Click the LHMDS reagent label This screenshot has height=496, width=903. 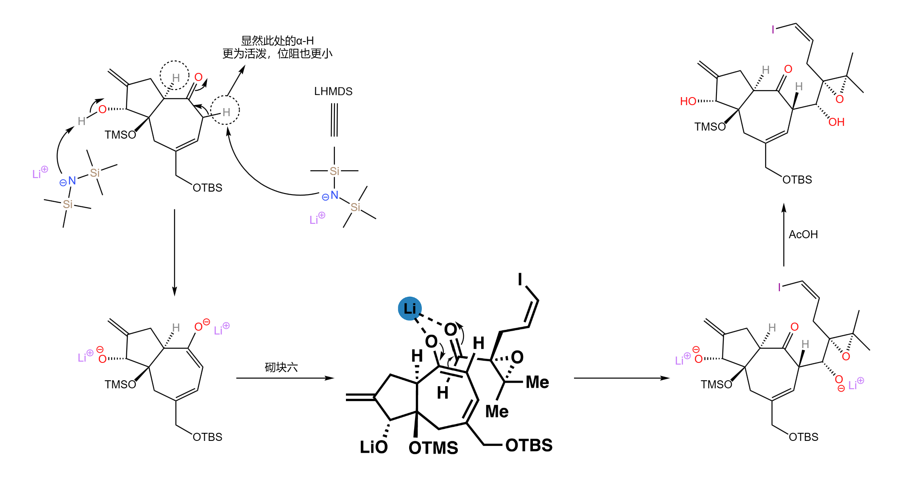pos(333,91)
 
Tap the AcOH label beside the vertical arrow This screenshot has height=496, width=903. pos(803,234)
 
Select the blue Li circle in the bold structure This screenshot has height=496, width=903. pos(410,308)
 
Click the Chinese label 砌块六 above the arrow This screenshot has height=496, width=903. pos(281,367)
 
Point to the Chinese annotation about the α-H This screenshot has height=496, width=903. pos(277,47)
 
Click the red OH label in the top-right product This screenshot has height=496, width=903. pos(836,122)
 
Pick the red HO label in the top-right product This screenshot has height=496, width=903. pos(688,101)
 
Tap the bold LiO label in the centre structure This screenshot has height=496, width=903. pos(373,447)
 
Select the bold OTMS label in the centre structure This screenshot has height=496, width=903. pos(433,448)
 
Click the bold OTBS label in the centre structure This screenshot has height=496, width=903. pos(529,445)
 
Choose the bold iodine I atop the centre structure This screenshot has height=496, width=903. pos(520,279)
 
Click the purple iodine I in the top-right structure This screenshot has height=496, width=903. pos(773,30)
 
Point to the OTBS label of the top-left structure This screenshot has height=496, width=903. pos(207,188)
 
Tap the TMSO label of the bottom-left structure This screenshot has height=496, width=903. pos(120,385)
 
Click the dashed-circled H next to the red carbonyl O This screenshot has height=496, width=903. pos(176,78)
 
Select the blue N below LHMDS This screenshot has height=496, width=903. pos(334,195)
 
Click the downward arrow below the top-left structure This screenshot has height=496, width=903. pos(174,253)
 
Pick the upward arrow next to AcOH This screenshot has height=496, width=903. pos(784,235)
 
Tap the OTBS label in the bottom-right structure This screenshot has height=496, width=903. pos(803,437)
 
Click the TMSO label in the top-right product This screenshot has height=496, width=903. pos(710,127)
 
